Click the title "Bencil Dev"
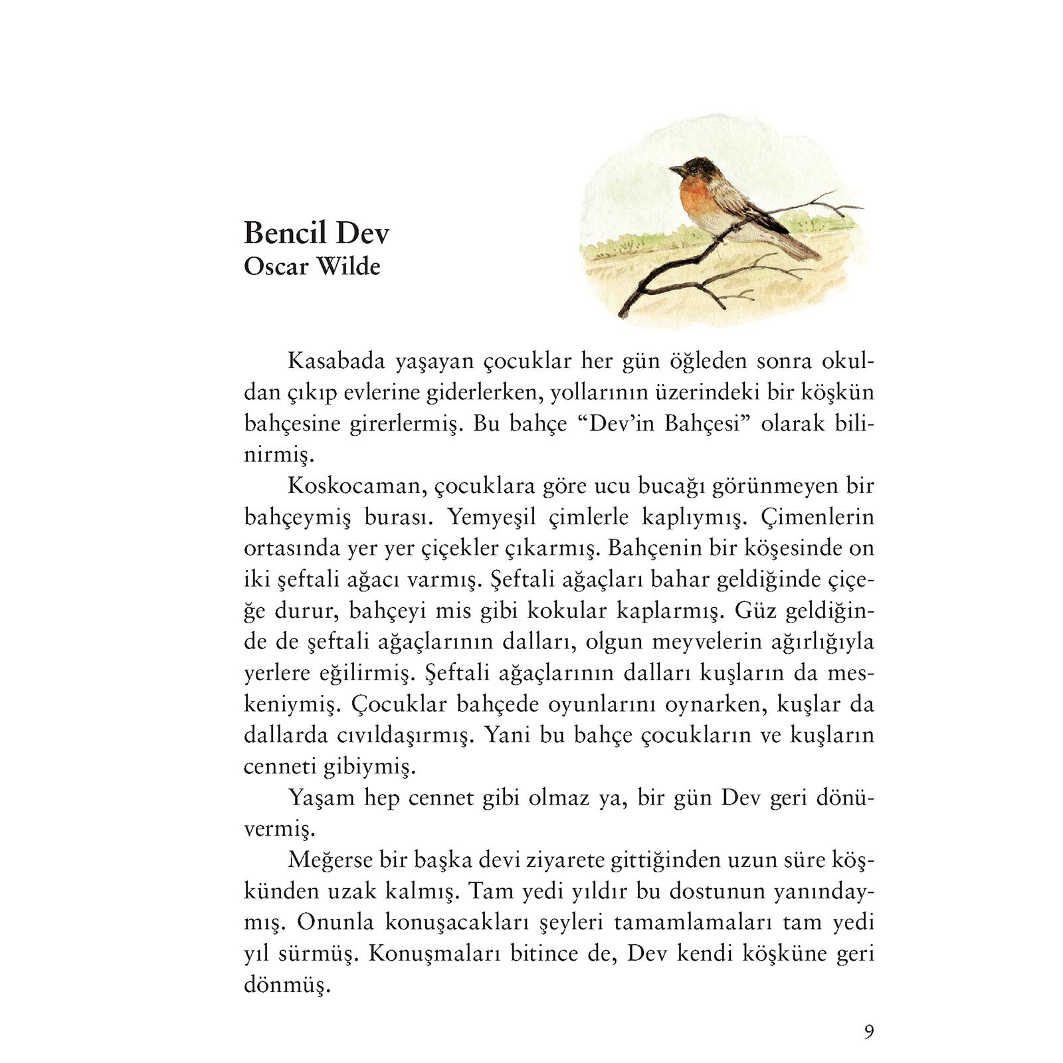tap(316, 233)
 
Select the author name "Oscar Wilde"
tap(312, 267)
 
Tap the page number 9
tap(869, 1032)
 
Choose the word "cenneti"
tap(280, 767)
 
